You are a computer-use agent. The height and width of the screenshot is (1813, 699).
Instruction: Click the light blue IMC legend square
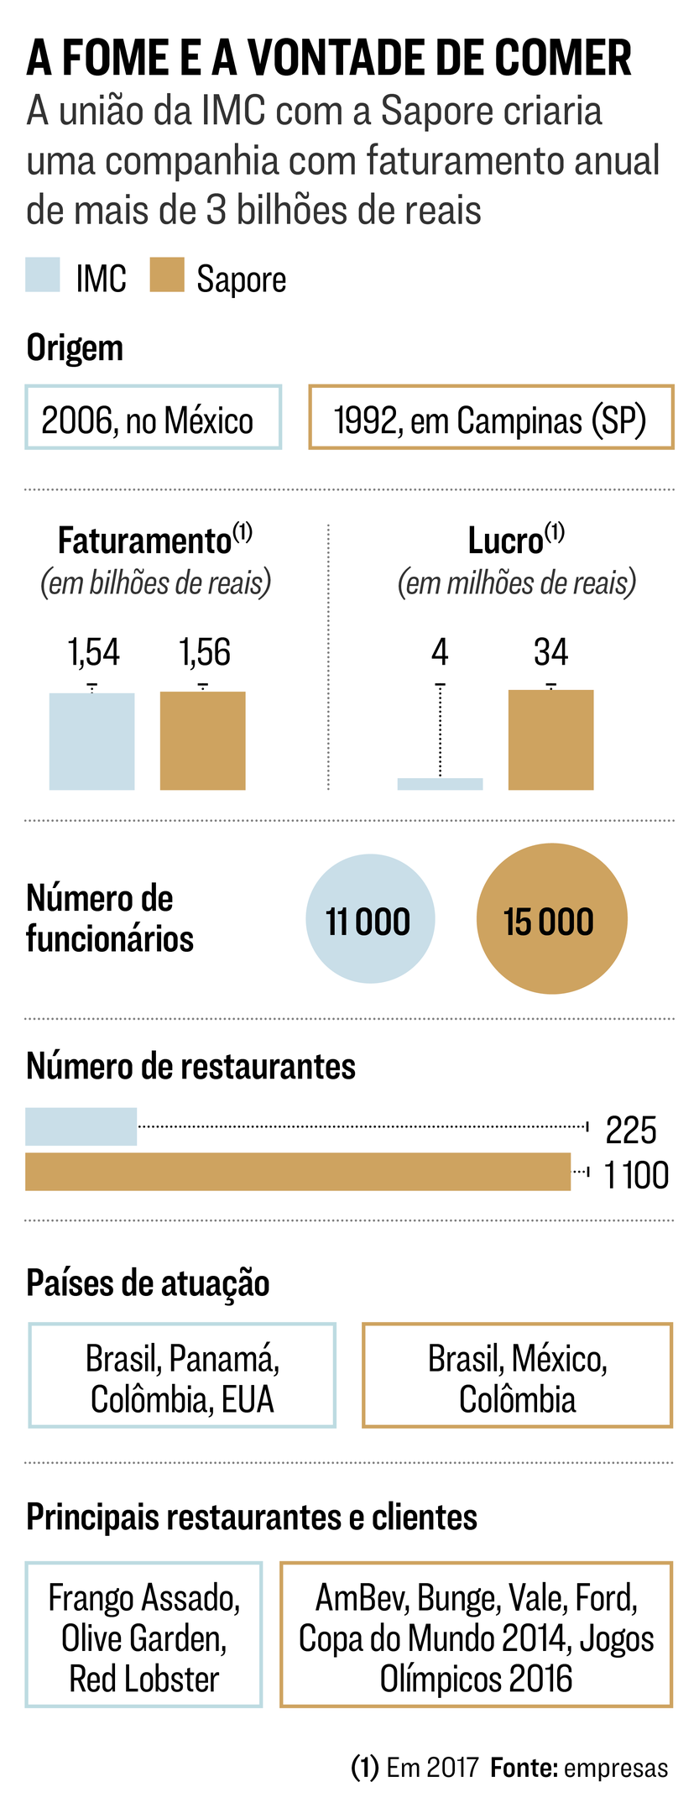(x=43, y=275)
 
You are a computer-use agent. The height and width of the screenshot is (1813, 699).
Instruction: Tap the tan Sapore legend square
(x=167, y=275)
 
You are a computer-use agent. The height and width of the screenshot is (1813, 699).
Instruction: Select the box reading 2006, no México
(x=153, y=418)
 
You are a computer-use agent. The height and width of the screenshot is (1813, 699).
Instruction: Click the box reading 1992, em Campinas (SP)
(x=491, y=418)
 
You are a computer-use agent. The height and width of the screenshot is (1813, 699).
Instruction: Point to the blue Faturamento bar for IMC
(x=91, y=741)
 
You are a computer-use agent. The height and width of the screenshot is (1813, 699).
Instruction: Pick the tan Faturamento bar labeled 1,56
(x=202, y=740)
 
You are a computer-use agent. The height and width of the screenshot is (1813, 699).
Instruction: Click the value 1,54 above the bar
(x=93, y=652)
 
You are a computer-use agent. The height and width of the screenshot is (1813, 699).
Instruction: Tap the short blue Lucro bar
(x=440, y=784)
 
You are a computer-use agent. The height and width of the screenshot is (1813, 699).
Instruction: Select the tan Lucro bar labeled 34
(x=550, y=739)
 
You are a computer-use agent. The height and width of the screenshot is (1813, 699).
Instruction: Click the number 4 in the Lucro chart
(x=440, y=652)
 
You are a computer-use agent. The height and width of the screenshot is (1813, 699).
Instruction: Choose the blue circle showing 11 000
(x=370, y=919)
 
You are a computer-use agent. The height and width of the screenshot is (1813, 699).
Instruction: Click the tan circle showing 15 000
(x=551, y=919)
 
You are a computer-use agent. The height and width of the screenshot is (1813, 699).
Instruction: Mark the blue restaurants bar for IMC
(x=81, y=1126)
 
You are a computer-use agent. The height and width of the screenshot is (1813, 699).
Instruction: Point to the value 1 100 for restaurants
(x=636, y=1175)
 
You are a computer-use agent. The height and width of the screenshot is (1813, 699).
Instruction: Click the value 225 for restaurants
(x=630, y=1131)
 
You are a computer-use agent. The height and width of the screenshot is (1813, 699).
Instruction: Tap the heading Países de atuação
(x=148, y=1283)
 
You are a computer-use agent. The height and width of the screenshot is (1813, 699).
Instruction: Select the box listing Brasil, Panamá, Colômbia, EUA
(x=182, y=1375)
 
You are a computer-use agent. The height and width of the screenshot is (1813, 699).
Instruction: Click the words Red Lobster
(x=143, y=1679)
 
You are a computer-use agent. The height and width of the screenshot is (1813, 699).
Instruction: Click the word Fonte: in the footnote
(x=524, y=1769)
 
